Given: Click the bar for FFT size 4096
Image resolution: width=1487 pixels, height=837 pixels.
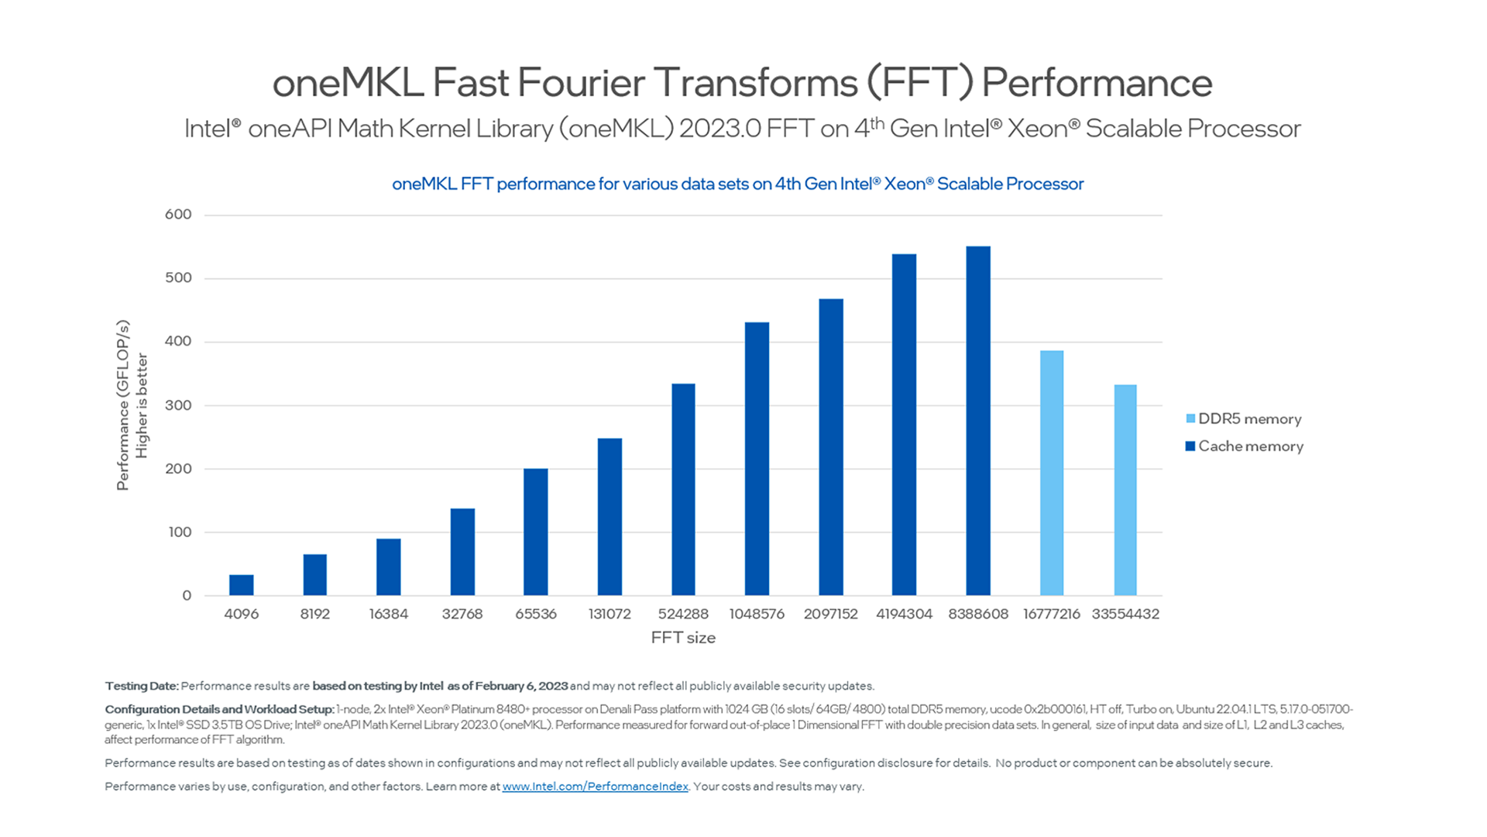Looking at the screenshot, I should point(242,585).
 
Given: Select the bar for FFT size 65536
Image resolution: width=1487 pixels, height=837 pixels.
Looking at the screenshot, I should point(536,532).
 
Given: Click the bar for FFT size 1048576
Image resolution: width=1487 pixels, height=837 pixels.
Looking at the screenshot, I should point(757,459).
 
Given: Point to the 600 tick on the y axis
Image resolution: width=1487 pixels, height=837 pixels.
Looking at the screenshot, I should point(178,215).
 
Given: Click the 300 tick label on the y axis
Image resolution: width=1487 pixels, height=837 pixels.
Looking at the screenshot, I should point(178,405).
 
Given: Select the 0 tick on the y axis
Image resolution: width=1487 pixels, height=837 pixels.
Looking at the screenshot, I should point(187,596).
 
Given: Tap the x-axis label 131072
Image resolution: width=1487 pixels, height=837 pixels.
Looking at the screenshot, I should point(610,614).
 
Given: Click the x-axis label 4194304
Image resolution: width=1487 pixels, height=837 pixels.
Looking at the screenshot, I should point(904,614).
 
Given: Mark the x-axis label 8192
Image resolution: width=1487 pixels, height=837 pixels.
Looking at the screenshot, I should point(315,614).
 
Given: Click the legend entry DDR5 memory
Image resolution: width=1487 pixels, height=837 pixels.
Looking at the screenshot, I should point(1249,419).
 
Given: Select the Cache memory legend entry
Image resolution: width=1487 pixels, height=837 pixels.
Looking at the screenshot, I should point(1250,446).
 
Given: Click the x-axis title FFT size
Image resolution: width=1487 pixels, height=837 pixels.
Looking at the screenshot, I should point(683,638).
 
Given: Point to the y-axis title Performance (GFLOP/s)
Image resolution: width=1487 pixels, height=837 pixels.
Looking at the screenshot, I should point(122,405).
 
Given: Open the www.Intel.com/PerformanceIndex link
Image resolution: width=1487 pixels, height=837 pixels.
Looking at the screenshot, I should point(595,787).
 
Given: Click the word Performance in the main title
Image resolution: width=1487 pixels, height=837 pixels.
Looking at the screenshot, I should point(1097,83).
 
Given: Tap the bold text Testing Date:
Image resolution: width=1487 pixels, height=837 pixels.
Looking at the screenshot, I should point(142,686).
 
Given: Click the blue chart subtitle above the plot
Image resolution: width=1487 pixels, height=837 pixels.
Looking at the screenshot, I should point(737,184).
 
